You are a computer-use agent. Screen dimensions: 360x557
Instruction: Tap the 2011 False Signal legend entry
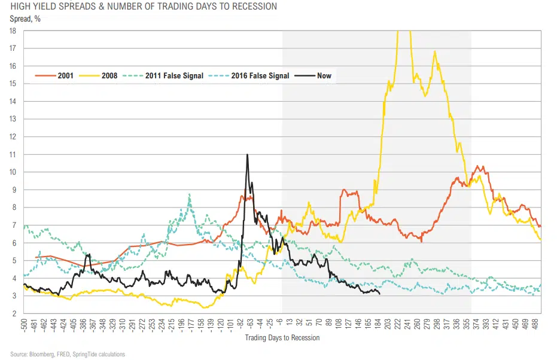(174, 76)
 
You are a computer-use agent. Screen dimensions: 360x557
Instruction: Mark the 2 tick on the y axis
(16, 313)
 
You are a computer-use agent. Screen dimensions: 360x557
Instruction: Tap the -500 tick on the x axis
(25, 327)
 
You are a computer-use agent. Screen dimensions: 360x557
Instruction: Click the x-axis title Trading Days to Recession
(282, 338)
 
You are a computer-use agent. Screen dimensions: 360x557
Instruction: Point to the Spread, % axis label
(25, 19)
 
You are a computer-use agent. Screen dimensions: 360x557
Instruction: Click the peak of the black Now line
(247, 155)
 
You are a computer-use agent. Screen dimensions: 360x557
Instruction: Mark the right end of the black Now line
(380, 294)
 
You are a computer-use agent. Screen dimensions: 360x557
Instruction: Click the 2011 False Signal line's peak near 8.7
(190, 194)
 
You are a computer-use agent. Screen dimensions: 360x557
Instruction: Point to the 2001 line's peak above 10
(479, 166)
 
